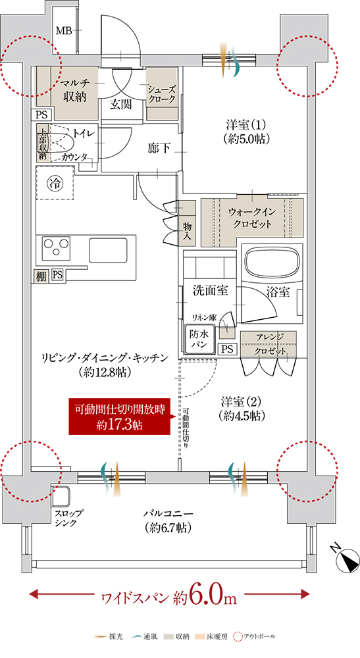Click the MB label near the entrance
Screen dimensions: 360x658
pyautogui.click(x=64, y=30)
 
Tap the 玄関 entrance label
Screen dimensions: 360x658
pyautogui.click(x=121, y=104)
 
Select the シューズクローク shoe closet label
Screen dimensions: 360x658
pyautogui.click(x=161, y=94)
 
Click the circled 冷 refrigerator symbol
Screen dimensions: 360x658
pyautogui.click(x=53, y=184)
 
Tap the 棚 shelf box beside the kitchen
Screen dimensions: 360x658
pyautogui.click(x=41, y=276)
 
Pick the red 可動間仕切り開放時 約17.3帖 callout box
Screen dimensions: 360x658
pyautogui.click(x=120, y=416)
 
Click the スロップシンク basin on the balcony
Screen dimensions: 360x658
pyautogui.click(x=61, y=497)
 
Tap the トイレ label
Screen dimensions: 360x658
pyautogui.click(x=85, y=133)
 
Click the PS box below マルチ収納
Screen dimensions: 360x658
pyautogui.click(x=42, y=114)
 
